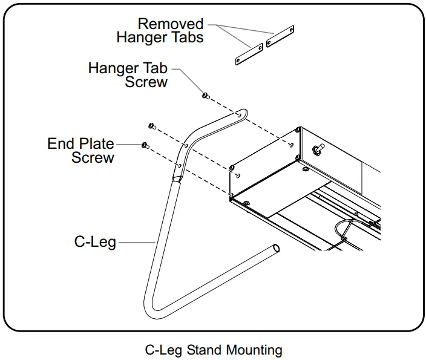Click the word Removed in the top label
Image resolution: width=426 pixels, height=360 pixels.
pos(170,24)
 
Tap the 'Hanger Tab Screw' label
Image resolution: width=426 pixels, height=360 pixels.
pos(128,74)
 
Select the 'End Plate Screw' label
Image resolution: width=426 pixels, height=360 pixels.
pos(80,151)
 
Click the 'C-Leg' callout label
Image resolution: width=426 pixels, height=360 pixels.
pos(95,242)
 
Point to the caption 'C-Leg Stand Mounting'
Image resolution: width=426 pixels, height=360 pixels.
pos(214,350)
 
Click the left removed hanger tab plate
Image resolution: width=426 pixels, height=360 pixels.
pos(248,53)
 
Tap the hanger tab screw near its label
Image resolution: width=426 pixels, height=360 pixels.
pos(206,96)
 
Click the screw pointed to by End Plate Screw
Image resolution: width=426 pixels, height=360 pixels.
pos(145,145)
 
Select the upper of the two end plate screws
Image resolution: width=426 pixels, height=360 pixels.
pos(151,126)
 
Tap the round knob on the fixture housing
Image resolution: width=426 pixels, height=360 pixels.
pos(317,148)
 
